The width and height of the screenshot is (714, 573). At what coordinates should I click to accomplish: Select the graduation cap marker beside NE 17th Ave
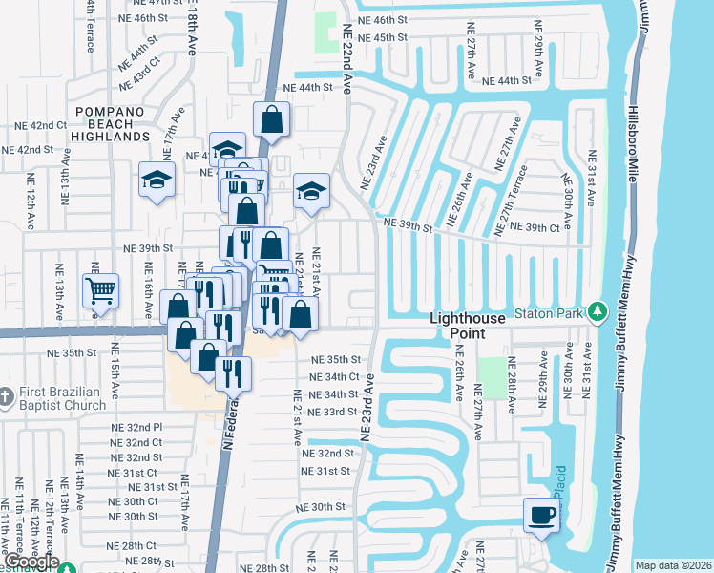coord(157,180)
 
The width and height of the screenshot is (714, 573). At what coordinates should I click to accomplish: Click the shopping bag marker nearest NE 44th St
coord(271,120)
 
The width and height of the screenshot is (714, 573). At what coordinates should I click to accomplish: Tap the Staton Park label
coord(551,311)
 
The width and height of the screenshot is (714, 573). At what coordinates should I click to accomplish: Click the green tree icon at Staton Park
coord(598,311)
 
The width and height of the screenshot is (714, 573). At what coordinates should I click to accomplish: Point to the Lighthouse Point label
coord(472,326)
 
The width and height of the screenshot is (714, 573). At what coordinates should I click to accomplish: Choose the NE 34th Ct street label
coord(334,377)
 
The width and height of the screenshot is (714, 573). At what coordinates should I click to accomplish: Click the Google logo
coord(31,562)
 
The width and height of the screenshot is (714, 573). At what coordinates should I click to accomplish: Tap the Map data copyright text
coord(672,565)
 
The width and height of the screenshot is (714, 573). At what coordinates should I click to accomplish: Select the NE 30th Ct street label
coord(139,501)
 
